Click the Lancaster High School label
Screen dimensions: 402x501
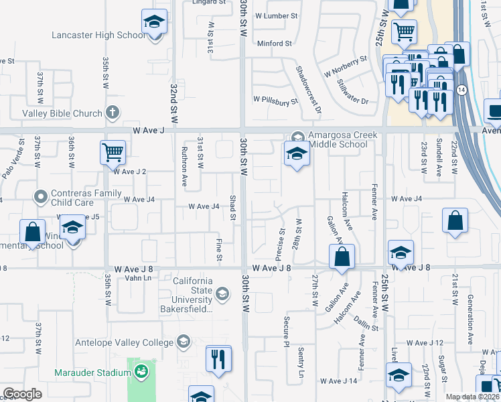click(x=98, y=36)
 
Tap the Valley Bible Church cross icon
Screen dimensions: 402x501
click(x=113, y=113)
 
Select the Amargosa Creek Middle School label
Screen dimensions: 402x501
click(x=342, y=140)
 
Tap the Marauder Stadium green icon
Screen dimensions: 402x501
click(x=141, y=371)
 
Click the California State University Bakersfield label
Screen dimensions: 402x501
click(x=193, y=295)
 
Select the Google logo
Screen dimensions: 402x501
click(x=22, y=394)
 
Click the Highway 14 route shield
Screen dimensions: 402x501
click(x=461, y=89)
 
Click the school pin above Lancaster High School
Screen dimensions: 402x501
click(x=154, y=22)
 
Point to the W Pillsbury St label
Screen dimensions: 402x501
click(x=275, y=101)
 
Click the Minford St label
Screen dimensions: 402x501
click(x=275, y=44)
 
